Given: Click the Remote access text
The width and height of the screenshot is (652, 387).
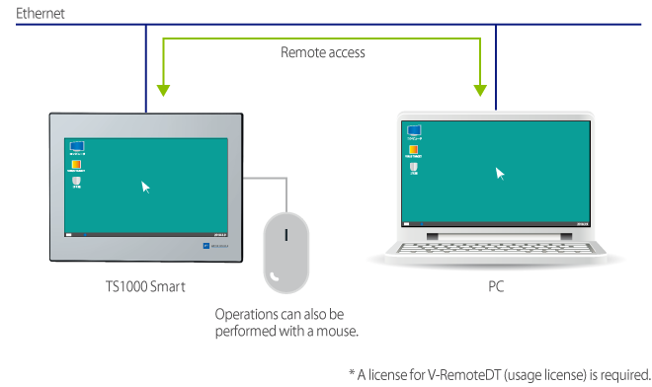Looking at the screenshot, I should [x=323, y=52].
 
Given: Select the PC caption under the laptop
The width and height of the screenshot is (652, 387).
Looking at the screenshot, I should [x=496, y=286].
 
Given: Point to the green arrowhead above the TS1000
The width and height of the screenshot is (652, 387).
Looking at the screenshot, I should [x=162, y=90].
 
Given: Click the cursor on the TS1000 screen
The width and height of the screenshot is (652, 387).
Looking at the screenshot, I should [x=146, y=186].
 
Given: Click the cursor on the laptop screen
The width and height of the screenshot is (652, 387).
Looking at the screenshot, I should [x=500, y=174].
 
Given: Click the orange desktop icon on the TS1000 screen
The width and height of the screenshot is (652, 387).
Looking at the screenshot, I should [x=75, y=165].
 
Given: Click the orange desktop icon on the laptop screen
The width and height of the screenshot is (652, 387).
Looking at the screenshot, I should [x=415, y=149].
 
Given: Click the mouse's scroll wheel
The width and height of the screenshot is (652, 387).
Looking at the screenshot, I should [x=286, y=236].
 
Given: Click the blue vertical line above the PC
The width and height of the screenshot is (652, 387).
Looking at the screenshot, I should [x=495, y=69].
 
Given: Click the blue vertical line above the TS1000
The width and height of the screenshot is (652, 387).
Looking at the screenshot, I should [x=146, y=69].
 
